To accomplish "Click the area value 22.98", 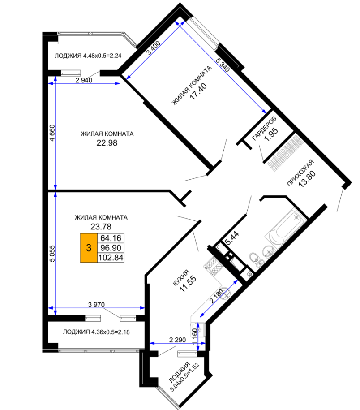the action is tap(107, 143).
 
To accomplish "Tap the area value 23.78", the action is tap(101, 226).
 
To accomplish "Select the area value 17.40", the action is tap(198, 91).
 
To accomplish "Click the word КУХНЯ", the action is tap(181, 278).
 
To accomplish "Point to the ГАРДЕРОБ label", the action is tap(264, 129).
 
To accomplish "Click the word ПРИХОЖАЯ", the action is tap(300, 173).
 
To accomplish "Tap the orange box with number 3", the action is tap(89, 248).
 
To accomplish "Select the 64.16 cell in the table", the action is tap(111, 238).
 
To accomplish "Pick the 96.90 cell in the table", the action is tap(111, 248).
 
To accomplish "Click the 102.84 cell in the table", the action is tap(111, 258).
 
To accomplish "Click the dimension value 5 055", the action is tap(52, 253).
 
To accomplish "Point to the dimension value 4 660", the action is tap(52, 133).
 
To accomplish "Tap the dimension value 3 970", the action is tap(96, 304).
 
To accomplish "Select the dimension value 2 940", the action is tap(84, 80).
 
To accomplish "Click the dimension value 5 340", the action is tap(223, 65).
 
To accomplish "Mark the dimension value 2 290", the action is tap(177, 340).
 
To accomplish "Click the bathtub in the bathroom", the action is tap(286, 228).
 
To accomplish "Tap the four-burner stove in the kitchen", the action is tap(214, 266).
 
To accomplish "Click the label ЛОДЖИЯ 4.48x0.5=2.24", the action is tap(88, 56).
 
